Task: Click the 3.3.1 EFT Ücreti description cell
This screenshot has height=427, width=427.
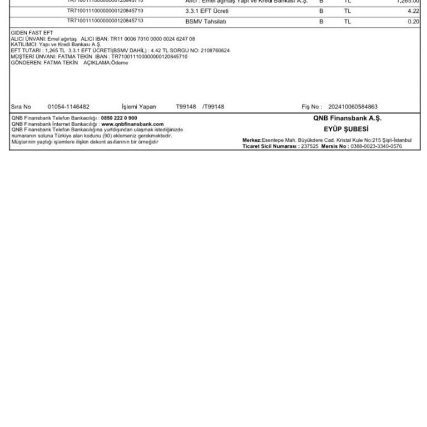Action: tap(207, 11)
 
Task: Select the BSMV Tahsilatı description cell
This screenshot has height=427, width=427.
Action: tap(206, 21)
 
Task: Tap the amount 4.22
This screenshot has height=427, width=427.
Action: tap(413, 11)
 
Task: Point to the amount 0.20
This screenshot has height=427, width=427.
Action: tap(413, 21)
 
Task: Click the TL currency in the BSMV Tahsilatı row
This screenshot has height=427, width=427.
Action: tap(347, 21)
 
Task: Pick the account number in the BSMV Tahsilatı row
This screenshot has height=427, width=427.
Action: tap(105, 21)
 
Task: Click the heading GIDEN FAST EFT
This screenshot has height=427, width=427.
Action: tap(32, 33)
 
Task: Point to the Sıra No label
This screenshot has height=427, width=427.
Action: tap(21, 107)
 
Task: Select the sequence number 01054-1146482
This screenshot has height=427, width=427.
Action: tap(68, 107)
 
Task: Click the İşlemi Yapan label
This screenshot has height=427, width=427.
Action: tap(139, 107)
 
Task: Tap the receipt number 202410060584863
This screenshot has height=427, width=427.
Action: tap(353, 107)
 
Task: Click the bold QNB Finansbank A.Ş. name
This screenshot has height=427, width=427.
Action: tap(347, 118)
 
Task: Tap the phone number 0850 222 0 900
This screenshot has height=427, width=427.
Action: tap(119, 118)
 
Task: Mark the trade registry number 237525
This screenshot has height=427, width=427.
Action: tap(309, 146)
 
